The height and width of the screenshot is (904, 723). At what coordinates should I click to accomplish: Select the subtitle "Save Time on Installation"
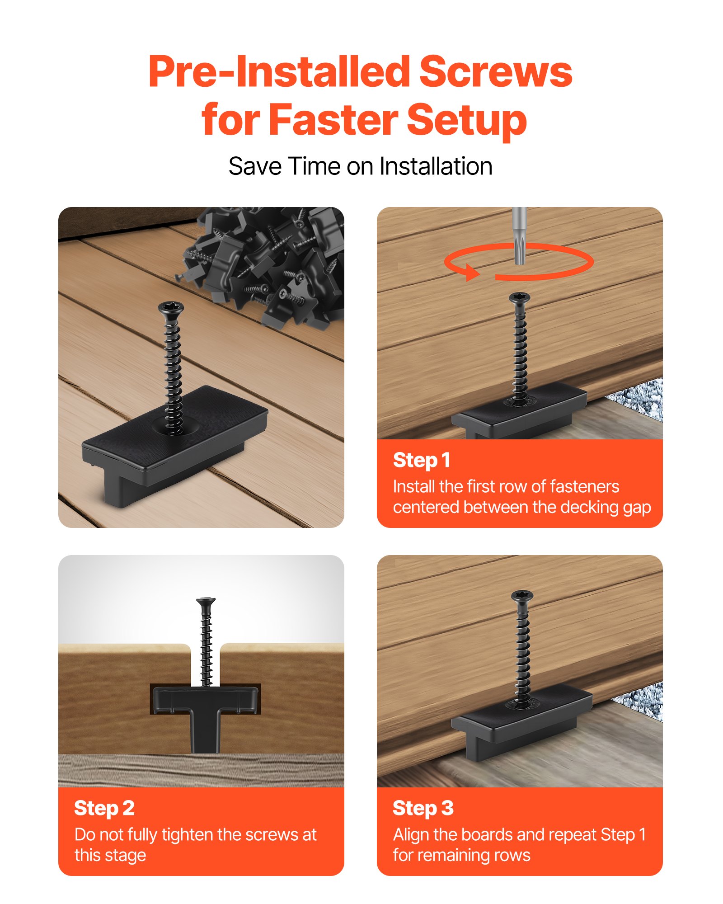(x=360, y=166)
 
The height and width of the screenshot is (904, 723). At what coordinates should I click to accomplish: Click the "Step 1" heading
(x=421, y=460)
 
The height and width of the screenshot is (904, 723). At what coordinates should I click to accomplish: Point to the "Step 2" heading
(x=104, y=808)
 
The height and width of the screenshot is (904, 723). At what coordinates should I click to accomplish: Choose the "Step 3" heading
(x=423, y=808)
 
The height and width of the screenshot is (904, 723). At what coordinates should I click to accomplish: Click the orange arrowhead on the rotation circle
(x=473, y=273)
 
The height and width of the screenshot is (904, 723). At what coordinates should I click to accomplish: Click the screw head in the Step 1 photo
(x=519, y=298)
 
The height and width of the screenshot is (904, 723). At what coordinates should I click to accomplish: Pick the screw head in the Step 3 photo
(x=522, y=596)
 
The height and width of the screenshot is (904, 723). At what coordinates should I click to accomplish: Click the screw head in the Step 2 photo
(x=206, y=602)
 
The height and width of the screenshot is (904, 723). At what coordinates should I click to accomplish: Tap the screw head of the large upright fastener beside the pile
(x=170, y=308)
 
